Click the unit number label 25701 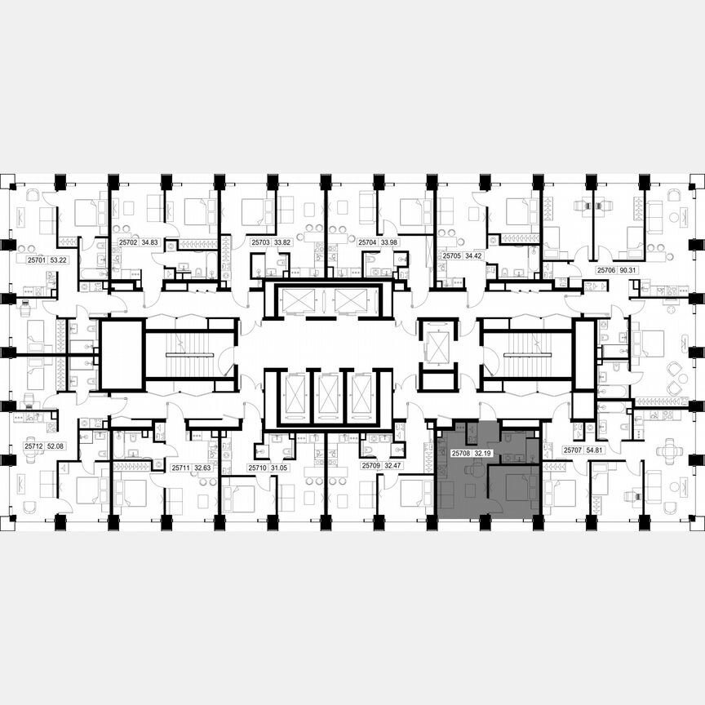[x=34, y=260]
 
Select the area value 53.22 [x=58, y=260]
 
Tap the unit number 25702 [x=127, y=242]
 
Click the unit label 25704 [x=366, y=242]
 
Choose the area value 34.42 [x=474, y=255]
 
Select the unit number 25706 [x=605, y=269]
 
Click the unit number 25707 [x=573, y=450]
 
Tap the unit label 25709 [x=371, y=466]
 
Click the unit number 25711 [x=180, y=468]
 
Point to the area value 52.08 [x=56, y=446]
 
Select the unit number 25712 [x=33, y=446]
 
